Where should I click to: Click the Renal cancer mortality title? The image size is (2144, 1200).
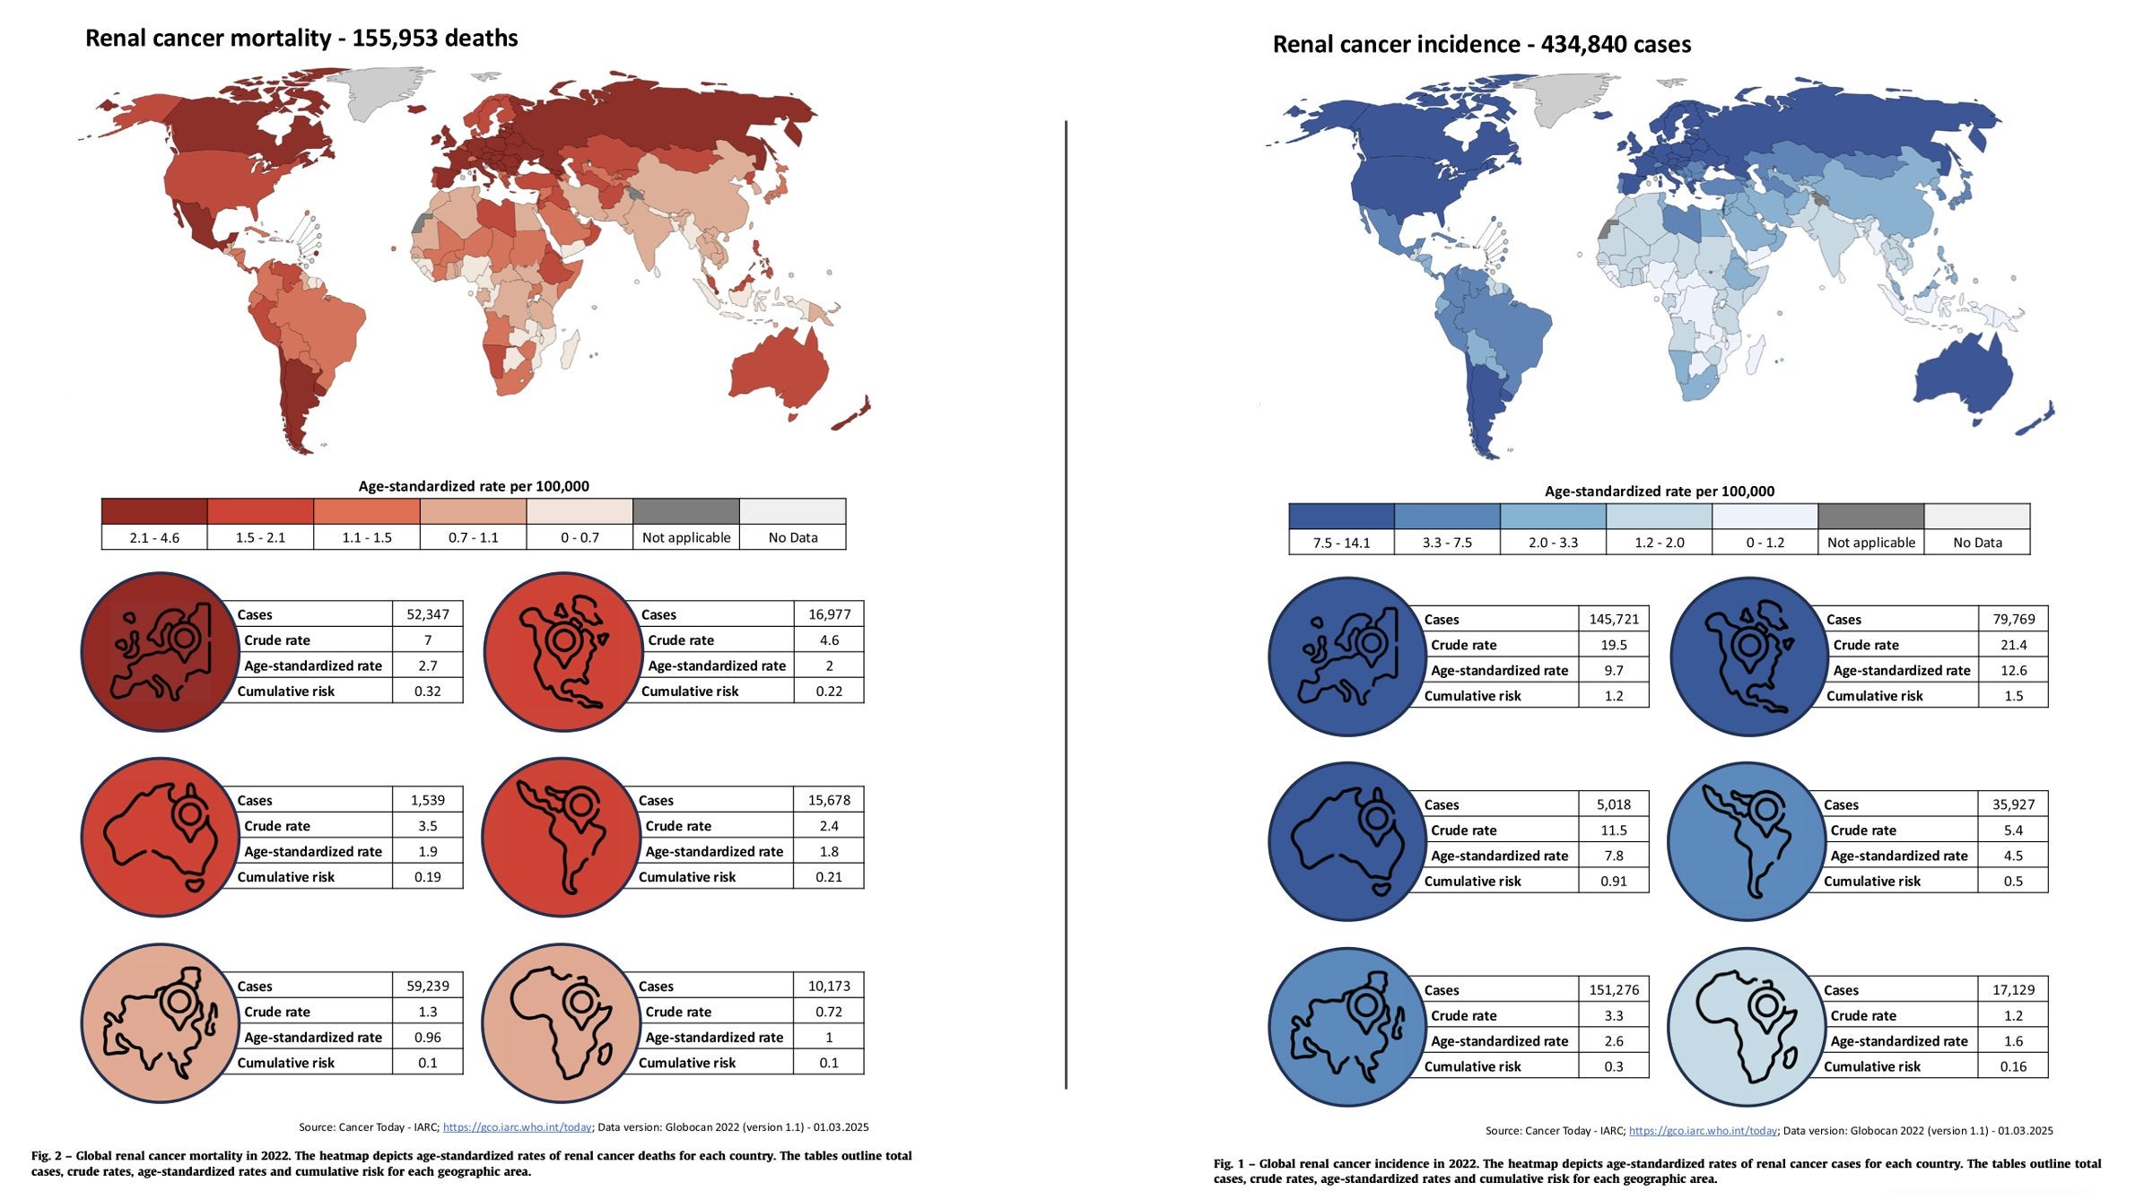click(301, 39)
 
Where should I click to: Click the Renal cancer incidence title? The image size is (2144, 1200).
click(1481, 44)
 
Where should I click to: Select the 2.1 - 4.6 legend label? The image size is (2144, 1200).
click(154, 537)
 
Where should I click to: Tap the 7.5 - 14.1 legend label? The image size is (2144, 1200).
click(1341, 543)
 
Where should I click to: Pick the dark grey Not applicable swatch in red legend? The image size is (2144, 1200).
click(685, 511)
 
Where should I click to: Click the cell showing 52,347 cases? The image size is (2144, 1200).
click(427, 614)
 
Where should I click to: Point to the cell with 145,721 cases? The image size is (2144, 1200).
click(1613, 619)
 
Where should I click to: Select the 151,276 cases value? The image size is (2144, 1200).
click(1613, 990)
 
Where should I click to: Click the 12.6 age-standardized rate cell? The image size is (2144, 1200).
click(2013, 670)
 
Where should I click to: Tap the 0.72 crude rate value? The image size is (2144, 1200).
click(828, 1012)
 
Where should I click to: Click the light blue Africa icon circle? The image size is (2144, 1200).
click(1746, 1026)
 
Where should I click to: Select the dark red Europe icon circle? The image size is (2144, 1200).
click(160, 651)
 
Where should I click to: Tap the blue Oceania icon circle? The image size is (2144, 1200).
click(1347, 840)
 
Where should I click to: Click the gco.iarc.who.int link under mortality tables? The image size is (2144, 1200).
click(517, 1127)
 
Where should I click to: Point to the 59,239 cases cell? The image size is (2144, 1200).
click(427, 986)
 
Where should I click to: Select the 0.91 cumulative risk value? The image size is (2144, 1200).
click(1613, 881)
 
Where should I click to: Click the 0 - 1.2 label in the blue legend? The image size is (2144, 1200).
click(1765, 543)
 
